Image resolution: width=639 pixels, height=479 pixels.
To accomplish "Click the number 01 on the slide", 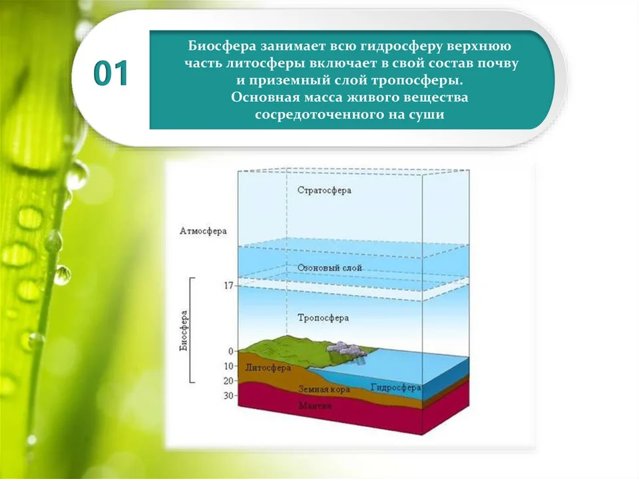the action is [111, 73].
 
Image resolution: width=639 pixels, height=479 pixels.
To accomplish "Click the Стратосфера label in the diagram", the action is [324, 191].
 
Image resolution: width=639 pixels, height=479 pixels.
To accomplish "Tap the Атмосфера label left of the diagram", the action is [203, 231].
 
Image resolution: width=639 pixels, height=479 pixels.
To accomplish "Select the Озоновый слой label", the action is [329, 268].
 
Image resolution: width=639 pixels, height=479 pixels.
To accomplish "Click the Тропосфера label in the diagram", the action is [323, 318].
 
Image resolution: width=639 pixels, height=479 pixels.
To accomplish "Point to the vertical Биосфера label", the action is [184, 331].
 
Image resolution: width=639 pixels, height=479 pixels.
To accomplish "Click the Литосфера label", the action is [268, 368].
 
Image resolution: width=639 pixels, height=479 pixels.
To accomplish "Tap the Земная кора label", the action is [324, 389].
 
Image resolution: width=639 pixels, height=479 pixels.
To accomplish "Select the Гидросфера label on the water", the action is [395, 387].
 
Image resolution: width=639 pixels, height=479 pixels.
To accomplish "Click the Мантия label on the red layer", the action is [315, 406].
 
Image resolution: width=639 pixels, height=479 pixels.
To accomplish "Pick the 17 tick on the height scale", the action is [228, 286].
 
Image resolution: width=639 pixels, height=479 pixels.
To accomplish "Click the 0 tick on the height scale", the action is [231, 351].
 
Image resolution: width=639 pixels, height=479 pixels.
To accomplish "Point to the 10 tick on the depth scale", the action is [228, 366].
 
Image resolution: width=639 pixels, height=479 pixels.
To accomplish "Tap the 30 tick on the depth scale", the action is [228, 395].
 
